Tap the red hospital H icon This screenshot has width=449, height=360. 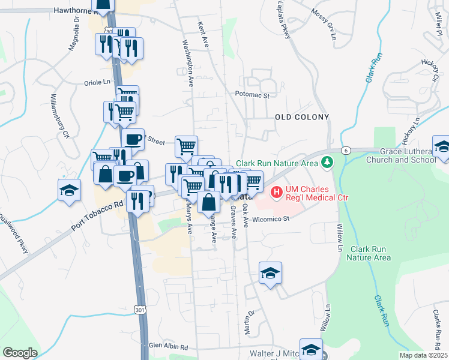click(x=277, y=192)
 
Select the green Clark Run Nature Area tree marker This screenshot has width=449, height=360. click(x=327, y=162)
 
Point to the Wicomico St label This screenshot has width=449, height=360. click(x=270, y=219)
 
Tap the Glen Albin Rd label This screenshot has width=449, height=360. click(x=169, y=346)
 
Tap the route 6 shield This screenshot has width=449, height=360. click(x=346, y=151)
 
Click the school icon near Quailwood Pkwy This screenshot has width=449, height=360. click(x=70, y=189)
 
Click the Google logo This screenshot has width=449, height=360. click(x=20, y=353)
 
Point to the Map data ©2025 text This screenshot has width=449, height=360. click(x=423, y=355)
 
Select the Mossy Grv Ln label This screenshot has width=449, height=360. click(x=323, y=20)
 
